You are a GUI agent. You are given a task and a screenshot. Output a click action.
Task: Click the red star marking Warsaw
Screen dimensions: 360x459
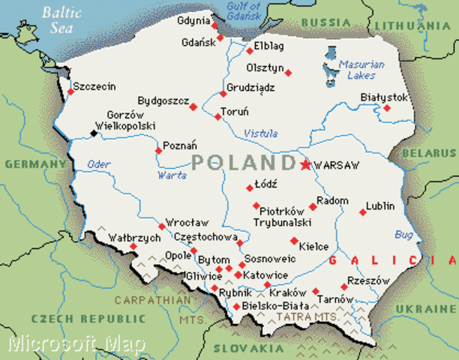click(x=305, y=164)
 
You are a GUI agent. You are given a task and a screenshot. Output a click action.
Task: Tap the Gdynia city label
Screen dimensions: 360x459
click(x=193, y=21)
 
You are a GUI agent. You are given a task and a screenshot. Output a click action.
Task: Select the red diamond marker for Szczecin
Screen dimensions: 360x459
click(x=70, y=91)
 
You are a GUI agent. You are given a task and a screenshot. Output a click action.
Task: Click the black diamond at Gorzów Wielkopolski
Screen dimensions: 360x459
click(x=94, y=133)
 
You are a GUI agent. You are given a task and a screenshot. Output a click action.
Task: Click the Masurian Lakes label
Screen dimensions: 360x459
click(x=361, y=70)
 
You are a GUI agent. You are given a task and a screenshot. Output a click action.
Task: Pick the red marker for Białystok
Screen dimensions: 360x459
click(x=387, y=108)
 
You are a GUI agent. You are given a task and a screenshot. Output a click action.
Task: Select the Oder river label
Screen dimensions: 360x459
click(x=98, y=164)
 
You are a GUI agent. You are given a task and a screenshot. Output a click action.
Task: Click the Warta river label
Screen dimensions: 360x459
click(x=172, y=175)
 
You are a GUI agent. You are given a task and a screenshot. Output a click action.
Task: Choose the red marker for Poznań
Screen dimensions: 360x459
click(x=158, y=151)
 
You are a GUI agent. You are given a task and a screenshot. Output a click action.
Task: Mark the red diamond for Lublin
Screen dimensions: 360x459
click(x=363, y=212)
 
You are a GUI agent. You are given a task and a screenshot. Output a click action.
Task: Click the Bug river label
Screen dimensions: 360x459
click(x=404, y=235)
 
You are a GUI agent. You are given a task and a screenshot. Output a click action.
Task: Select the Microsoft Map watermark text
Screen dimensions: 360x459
click(x=77, y=343)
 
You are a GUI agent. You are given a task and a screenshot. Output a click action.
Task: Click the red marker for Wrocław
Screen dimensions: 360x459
click(x=162, y=226)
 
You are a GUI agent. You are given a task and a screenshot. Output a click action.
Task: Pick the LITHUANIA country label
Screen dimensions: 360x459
click(x=413, y=25)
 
